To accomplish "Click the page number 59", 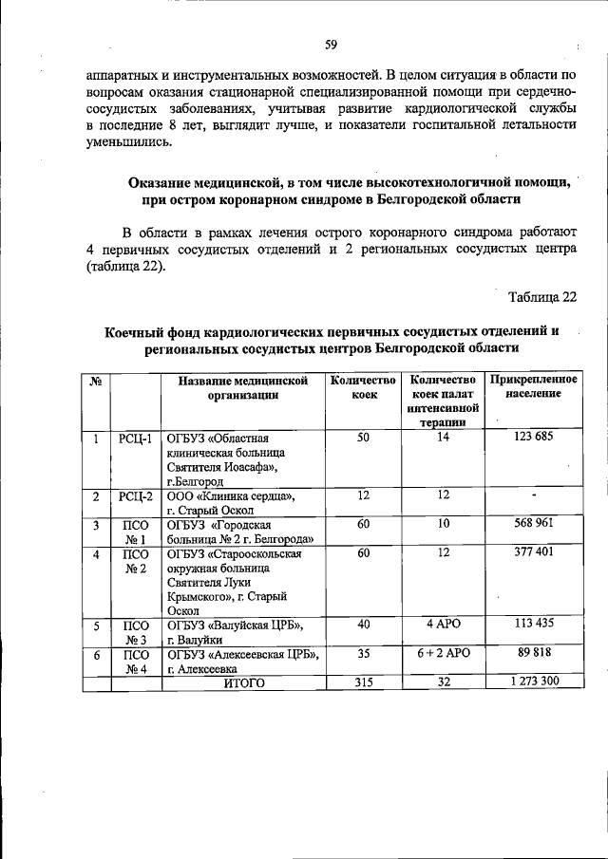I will tap(332, 45).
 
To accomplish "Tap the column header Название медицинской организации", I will tap(243, 387).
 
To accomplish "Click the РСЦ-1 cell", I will tap(136, 438).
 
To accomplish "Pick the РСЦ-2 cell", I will tap(136, 495).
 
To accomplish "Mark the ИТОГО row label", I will tap(244, 682).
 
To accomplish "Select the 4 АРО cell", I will tap(442, 625).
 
